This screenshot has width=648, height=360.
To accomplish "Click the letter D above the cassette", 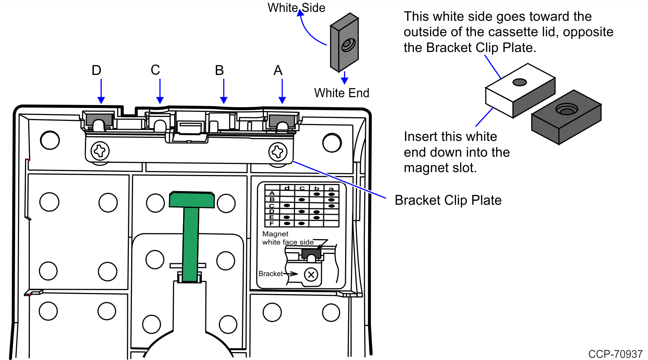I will [96, 70].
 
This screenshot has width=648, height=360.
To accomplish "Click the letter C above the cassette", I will [155, 70].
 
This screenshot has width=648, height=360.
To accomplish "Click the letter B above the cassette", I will [219, 70].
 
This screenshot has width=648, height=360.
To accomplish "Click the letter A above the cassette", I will [278, 70].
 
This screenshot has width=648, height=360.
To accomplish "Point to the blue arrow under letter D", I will [101, 91].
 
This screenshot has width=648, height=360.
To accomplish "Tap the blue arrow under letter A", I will [282, 91].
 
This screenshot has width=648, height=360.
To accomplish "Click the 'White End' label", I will [342, 93].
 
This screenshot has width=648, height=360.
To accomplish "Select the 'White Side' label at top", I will [296, 8].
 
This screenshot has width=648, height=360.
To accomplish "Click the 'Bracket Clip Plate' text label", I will [448, 200].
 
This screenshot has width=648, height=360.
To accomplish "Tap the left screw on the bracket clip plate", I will [100, 151].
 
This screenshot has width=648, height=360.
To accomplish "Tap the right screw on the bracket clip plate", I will [278, 152].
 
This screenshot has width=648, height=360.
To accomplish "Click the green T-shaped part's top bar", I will [192, 200].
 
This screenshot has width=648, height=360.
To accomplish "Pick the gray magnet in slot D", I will [100, 119].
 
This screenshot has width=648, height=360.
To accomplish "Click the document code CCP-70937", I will [615, 354].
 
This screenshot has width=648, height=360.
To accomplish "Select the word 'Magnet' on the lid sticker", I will [275, 234].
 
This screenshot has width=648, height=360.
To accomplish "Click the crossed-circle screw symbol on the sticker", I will [311, 275].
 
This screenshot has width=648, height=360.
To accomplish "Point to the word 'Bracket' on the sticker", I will [271, 274].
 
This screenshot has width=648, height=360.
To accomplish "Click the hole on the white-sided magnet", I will [519, 82].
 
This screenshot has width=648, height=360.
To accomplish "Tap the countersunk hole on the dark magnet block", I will [567, 109].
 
